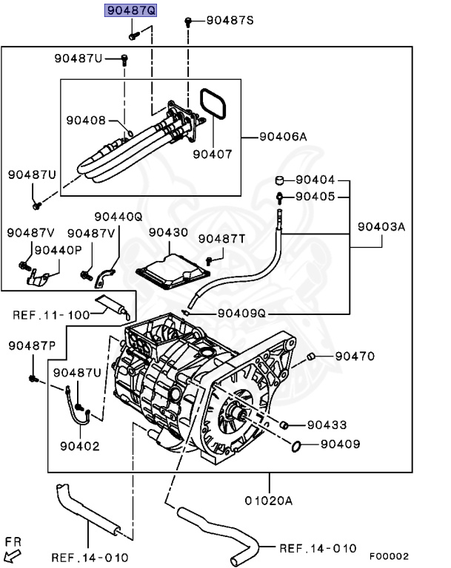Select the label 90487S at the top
(230, 21)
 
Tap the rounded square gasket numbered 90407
(213, 106)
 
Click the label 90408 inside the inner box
(86, 120)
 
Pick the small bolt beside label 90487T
(209, 260)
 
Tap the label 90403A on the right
(381, 227)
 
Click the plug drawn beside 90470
(312, 357)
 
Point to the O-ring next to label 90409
(296, 445)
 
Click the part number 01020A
(268, 501)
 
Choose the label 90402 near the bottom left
(80, 446)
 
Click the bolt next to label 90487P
(33, 379)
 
